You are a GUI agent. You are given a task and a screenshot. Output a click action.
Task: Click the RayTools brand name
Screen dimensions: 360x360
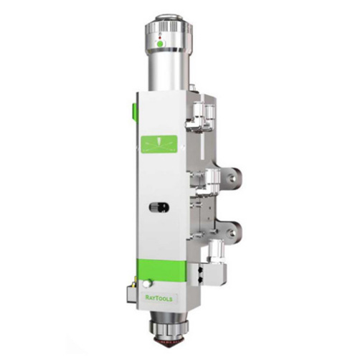coord(158,298)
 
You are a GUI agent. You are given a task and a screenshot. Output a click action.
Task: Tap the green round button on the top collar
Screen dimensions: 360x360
coord(161,44)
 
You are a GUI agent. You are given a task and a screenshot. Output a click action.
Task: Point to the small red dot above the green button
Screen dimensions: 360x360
coord(160,38)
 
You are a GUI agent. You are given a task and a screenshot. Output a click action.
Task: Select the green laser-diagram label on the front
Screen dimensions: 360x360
coord(159,144)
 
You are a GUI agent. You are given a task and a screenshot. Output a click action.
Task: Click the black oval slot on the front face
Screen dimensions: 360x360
coord(158,207)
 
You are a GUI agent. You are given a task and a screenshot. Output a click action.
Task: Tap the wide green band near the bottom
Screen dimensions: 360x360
coord(161,269)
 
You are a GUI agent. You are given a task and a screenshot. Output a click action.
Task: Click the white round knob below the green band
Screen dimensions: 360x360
coord(147,283)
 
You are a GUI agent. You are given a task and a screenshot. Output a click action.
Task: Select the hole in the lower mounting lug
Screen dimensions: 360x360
coord(232,232)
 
